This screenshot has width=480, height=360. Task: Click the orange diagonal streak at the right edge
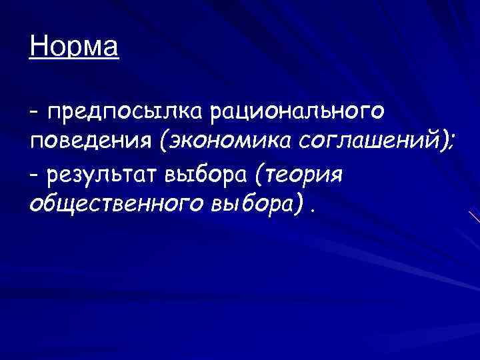[x=474, y=217]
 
